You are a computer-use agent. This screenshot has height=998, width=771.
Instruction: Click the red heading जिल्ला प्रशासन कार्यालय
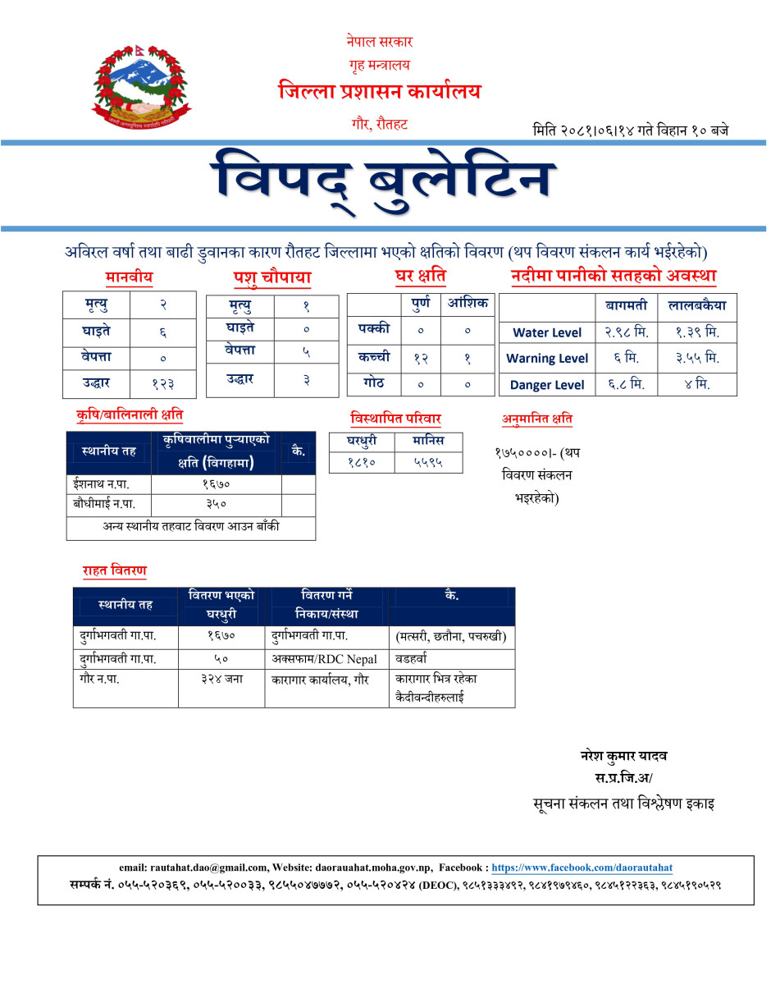point(379,91)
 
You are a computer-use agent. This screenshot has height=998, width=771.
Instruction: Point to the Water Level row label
point(547,332)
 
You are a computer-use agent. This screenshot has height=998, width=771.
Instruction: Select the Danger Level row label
point(547,384)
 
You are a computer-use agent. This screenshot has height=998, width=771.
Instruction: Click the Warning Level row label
point(547,358)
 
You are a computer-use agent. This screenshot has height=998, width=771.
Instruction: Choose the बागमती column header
point(626,306)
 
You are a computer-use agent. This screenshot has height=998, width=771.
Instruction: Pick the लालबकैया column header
point(696,306)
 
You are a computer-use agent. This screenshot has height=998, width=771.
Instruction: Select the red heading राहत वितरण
point(114,570)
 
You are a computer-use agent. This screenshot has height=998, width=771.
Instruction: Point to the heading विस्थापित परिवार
point(395,419)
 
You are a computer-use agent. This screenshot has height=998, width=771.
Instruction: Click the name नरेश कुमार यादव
point(623,756)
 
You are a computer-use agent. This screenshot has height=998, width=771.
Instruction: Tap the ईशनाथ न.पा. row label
point(102,484)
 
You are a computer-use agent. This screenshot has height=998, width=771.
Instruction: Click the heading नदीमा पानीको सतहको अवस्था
point(614,277)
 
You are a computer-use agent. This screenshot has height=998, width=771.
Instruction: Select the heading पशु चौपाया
point(271,279)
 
